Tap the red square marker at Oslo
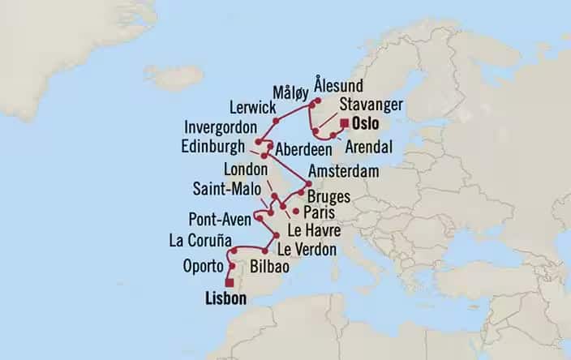point(345,123)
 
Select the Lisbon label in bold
point(219,299)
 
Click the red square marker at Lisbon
point(229,282)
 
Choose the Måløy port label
point(290,92)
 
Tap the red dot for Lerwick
point(276,121)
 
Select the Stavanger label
point(368,105)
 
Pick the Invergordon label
point(220,128)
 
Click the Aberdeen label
point(303,151)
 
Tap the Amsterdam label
point(344,172)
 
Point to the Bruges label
point(328,196)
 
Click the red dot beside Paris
point(294,212)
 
